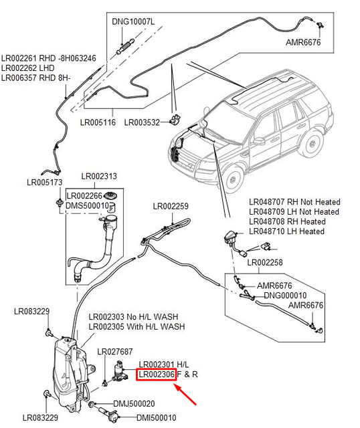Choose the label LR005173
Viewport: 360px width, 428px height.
pyautogui.click(x=45, y=182)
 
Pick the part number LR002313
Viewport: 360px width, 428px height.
pyautogui.click(x=99, y=177)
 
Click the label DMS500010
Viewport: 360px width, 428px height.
pyautogui.click(x=87, y=205)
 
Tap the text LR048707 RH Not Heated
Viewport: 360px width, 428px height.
pyautogui.click(x=294, y=202)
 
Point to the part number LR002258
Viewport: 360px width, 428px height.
pyautogui.click(x=266, y=263)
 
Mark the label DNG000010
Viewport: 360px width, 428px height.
pyautogui.click(x=285, y=295)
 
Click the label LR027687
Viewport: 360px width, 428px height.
pyautogui.click(x=115, y=352)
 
